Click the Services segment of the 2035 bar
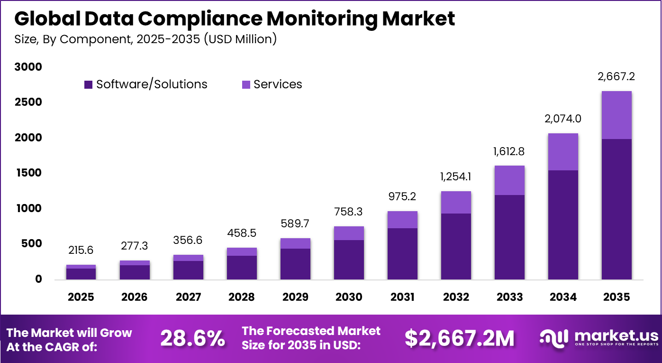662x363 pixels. (x=617, y=115)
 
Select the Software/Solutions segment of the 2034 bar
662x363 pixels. (x=563, y=224)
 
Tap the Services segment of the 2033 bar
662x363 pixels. (x=509, y=180)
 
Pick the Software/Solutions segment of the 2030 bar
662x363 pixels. (x=349, y=260)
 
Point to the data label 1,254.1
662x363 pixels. (x=456, y=177)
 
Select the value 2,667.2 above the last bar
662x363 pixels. (x=617, y=76)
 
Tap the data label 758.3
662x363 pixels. (x=349, y=212)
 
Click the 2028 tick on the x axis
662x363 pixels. (x=242, y=297)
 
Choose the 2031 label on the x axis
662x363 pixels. (x=402, y=297)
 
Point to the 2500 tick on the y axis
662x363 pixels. (x=29, y=102)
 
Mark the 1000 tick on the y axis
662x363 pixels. (x=29, y=209)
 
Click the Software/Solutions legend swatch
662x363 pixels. (x=88, y=84)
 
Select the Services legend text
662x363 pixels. (x=278, y=84)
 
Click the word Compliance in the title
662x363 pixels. (x=180, y=19)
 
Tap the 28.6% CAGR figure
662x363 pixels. (x=192, y=338)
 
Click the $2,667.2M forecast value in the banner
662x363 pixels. (x=459, y=338)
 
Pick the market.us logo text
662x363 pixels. (x=616, y=335)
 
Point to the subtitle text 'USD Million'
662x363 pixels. (x=240, y=39)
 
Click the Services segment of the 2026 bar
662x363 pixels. (x=135, y=263)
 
